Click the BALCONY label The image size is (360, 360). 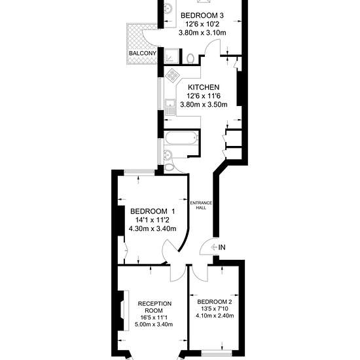[x=143, y=53]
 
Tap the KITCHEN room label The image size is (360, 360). [x=204, y=87]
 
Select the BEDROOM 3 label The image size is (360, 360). [x=202, y=16]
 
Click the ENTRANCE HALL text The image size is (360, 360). [x=201, y=206]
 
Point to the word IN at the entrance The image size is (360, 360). [x=222, y=247]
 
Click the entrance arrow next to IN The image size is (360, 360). [x=214, y=247]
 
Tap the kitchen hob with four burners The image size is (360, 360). [x=173, y=75]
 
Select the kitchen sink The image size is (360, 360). [x=170, y=107]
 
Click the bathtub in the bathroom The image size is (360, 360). [x=181, y=137]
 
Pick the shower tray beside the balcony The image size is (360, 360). [x=171, y=56]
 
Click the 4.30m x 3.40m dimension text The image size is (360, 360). [x=153, y=228]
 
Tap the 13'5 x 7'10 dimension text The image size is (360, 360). [x=215, y=308]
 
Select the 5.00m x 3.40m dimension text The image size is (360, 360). [x=154, y=324]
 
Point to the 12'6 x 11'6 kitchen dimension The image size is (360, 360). [x=204, y=96]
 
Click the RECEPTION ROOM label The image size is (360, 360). [x=154, y=307]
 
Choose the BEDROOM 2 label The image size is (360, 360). [x=215, y=302]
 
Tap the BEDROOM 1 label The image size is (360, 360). [x=153, y=211]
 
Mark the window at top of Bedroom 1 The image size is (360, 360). [x=139, y=171]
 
